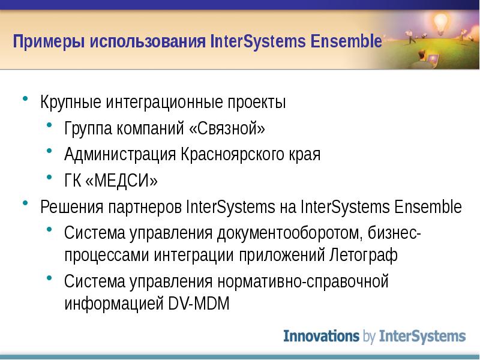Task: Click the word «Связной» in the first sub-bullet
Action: pos(227,128)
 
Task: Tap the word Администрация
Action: pos(120,154)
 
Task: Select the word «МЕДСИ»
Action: pos(122,181)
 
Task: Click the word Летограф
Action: pos(364,254)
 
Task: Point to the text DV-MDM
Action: pos(199,304)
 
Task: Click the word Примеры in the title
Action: pos(49,41)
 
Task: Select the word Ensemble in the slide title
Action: pos(346,41)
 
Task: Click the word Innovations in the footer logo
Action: pos(321,336)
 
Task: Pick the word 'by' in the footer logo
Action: pos(369,337)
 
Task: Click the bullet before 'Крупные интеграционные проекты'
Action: pos(25,98)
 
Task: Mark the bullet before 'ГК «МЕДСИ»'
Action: pos(50,176)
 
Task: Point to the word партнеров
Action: pos(145,208)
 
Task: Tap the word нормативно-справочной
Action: pos(303,281)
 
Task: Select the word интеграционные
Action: pos(164,102)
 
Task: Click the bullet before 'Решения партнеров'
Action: pos(25,203)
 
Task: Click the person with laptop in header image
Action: pos(425,59)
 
